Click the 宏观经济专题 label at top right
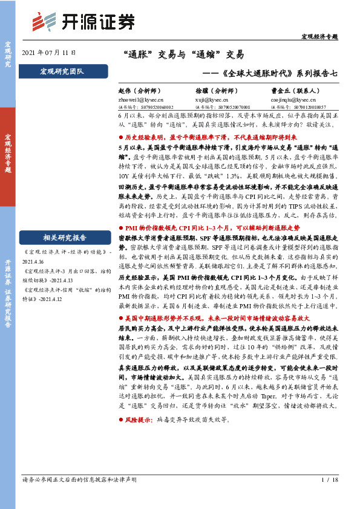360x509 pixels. (319, 36)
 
